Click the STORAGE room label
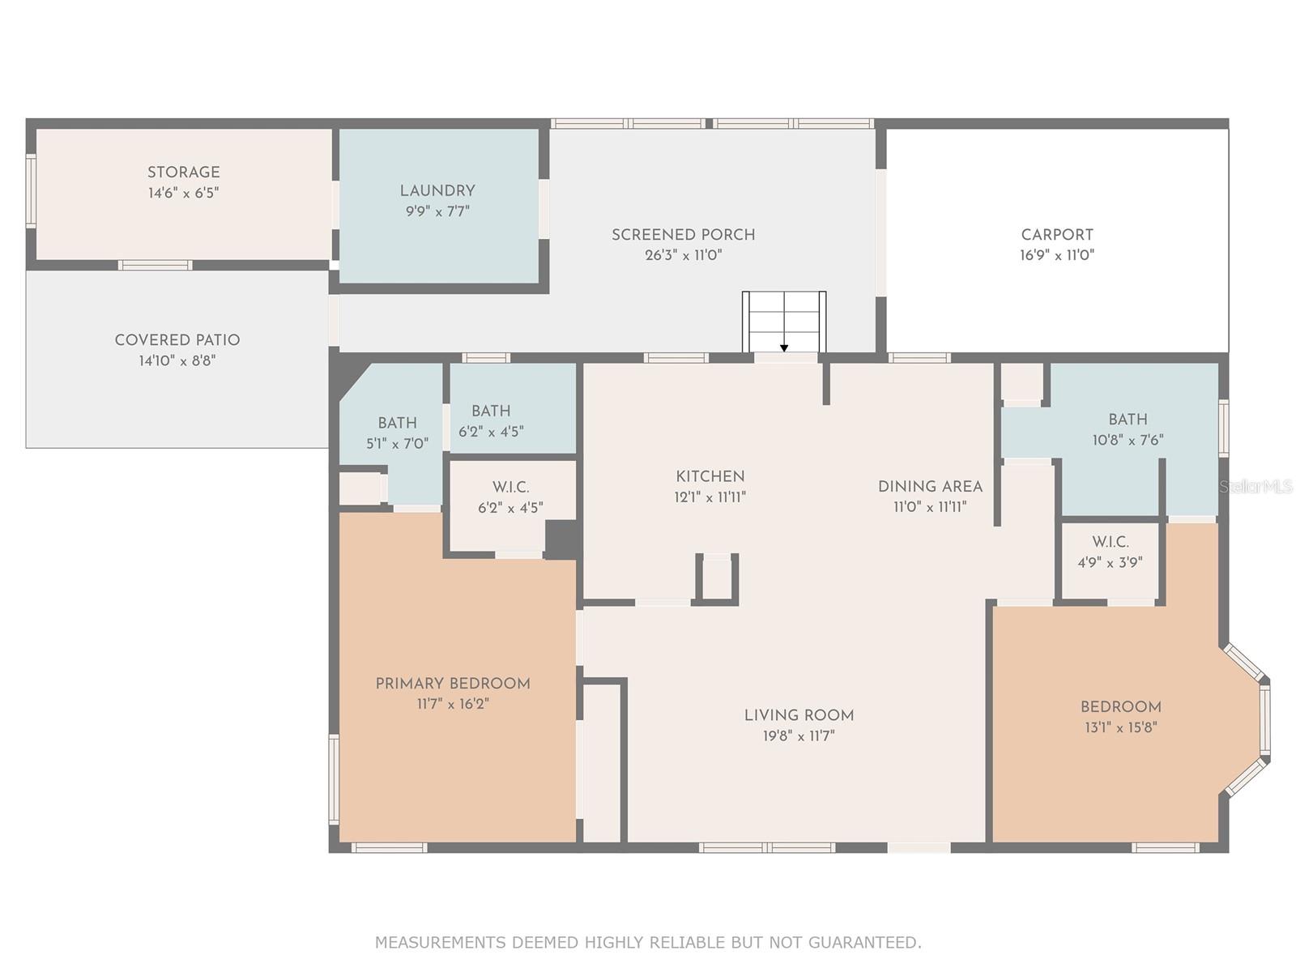click(x=183, y=172)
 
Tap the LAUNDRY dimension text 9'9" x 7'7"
click(x=437, y=211)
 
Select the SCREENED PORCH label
click(x=683, y=234)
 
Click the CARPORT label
click(x=1057, y=234)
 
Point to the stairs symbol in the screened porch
click(x=784, y=322)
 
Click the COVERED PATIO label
click(x=177, y=339)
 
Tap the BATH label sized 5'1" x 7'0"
click(x=397, y=423)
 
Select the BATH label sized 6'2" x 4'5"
click(x=491, y=411)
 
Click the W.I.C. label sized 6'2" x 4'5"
click(x=510, y=487)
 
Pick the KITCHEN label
click(x=710, y=476)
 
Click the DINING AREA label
click(x=930, y=486)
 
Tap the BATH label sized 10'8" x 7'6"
click(x=1128, y=419)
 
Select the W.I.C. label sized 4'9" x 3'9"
click(x=1110, y=541)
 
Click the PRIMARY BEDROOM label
click(x=453, y=684)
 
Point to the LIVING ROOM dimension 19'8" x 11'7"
click(x=799, y=735)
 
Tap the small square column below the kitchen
click(x=717, y=578)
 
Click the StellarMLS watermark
click(x=1256, y=486)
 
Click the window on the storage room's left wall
click(x=31, y=191)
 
